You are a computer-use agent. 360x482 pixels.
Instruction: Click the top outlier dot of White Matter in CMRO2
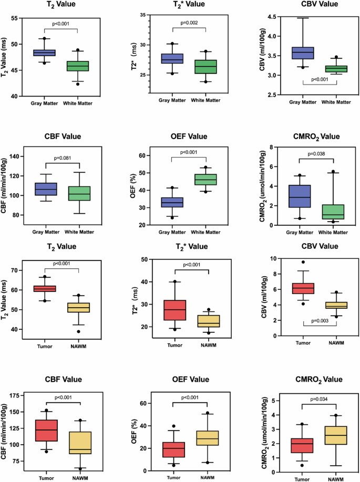click(333, 171)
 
